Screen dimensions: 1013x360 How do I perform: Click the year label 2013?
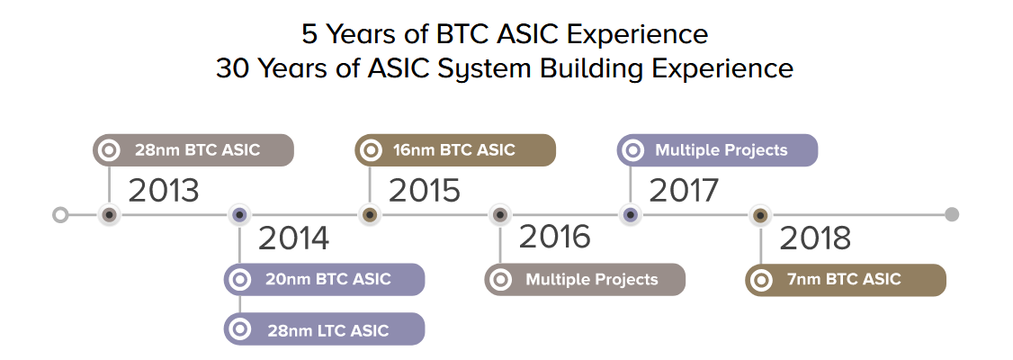point(164,191)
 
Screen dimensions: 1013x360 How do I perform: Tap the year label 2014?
point(294,238)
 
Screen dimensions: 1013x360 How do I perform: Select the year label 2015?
point(425,191)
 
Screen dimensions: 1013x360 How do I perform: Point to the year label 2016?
point(555,238)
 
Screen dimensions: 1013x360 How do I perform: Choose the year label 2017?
point(684,191)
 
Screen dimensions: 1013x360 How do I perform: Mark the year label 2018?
point(815,238)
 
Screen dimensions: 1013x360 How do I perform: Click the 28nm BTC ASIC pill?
point(193,150)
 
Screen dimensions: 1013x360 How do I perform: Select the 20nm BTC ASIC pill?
point(324,279)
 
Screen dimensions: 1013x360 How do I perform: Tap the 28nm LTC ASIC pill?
point(324,329)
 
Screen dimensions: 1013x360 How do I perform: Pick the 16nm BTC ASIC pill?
point(455,150)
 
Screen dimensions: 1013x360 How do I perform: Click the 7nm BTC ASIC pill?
point(846,280)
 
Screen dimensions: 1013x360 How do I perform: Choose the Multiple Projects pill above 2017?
point(717,150)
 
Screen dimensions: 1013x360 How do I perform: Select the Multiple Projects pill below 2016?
point(585,279)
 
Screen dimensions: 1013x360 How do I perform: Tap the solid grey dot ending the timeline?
point(952,214)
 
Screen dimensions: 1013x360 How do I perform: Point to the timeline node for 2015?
point(370,214)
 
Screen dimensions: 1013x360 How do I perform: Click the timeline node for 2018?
point(760,214)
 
